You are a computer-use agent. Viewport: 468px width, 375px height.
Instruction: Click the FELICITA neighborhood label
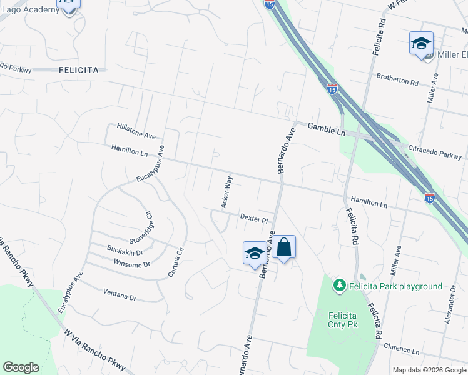tap(79, 70)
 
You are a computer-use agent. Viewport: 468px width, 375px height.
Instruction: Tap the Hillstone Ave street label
tap(136, 131)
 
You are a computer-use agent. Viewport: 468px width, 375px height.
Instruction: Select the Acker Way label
tap(226, 192)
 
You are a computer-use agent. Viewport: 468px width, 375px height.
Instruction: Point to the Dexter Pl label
tap(254, 218)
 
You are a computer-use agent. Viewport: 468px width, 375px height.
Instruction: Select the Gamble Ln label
tap(326, 129)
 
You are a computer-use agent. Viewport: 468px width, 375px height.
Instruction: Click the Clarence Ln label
tap(401, 351)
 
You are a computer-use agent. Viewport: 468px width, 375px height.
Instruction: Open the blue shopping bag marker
tap(283, 247)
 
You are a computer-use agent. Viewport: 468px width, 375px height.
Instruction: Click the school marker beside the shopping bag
tap(255, 253)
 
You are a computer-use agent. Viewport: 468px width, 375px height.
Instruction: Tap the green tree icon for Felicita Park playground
tap(340, 286)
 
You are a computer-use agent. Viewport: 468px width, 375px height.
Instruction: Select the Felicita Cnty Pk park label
tap(343, 320)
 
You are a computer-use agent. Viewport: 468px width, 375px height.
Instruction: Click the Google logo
tap(21, 367)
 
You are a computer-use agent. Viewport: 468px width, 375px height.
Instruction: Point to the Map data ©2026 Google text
tap(430, 370)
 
